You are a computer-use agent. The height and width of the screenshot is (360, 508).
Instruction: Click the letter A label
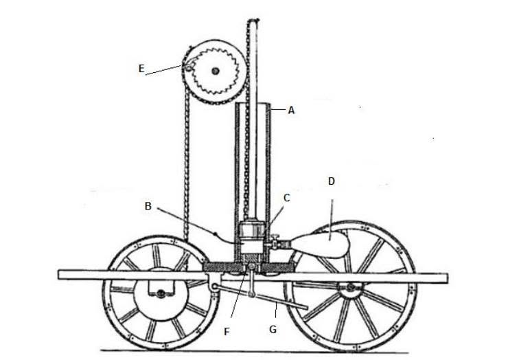291,111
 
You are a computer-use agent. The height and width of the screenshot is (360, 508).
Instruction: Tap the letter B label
148,206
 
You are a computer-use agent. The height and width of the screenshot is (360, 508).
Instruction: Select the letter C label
287,198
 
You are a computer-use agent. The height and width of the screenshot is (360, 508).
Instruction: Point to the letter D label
331,181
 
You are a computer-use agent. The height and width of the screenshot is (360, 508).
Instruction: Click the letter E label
141,69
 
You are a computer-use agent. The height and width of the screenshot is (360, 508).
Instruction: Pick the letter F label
227,331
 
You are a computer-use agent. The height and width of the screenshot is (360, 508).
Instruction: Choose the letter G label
273,330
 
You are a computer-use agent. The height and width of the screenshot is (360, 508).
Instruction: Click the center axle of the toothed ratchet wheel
215,71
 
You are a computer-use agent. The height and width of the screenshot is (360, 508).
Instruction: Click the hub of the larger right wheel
350,287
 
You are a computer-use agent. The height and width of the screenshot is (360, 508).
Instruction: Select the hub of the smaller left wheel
161,294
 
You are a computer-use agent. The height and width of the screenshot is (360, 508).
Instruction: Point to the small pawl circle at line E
188,68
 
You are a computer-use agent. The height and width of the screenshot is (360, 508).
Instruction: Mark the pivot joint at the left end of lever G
214,286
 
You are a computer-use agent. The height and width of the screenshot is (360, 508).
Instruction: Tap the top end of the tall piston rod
254,21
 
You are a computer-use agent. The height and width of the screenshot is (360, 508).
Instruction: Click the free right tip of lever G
305,307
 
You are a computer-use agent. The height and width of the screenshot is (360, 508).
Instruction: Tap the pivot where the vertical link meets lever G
251,295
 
